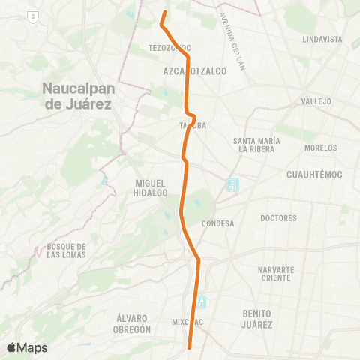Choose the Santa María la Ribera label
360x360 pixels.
[x=256, y=145]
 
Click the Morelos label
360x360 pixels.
[x=320, y=148]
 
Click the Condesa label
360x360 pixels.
[x=218, y=223]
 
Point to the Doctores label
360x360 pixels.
[x=278, y=218]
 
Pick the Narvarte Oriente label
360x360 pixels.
[x=280, y=273]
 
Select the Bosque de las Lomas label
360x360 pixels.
[x=67, y=250]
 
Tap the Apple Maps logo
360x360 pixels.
[x=27, y=347]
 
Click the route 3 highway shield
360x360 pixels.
[x=31, y=16]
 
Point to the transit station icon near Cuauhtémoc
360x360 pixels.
[x=232, y=184]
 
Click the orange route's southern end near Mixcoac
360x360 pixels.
[x=189, y=347]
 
